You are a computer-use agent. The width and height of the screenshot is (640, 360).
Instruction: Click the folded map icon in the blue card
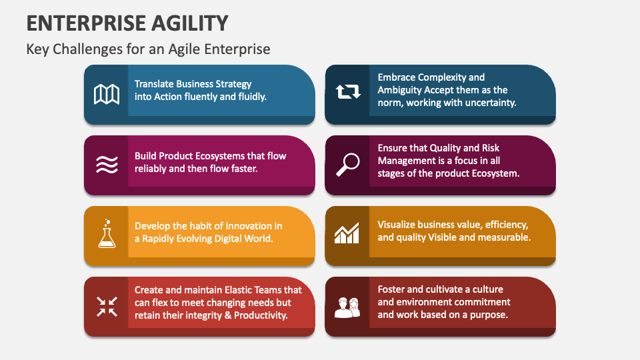tap(107, 95)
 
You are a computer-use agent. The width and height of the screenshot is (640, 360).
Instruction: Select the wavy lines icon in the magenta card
tap(107, 165)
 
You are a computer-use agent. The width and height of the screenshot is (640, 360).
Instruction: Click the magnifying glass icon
tap(347, 164)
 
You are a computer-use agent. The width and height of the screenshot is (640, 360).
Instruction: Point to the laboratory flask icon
tap(107, 234)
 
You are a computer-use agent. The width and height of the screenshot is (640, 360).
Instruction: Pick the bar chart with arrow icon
tap(347, 233)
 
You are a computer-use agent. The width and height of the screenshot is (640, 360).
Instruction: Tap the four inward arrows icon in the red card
tap(107, 306)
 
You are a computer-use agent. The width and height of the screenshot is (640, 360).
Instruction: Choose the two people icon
tap(347, 307)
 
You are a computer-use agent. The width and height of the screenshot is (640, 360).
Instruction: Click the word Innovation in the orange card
tap(251, 226)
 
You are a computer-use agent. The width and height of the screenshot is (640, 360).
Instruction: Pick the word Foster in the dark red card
tap(393, 289)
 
